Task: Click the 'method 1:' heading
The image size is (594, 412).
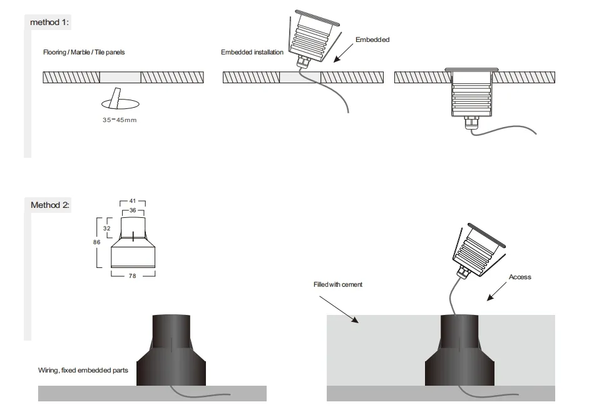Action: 50,23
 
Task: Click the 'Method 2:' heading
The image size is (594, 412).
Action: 50,205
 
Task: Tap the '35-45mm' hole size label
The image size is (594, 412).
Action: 119,120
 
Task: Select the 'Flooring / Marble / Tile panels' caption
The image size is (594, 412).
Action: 84,53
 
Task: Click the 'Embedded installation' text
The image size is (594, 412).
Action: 252,53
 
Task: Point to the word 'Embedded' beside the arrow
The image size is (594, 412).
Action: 372,39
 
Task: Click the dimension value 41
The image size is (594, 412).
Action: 133,202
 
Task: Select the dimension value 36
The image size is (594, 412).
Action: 133,210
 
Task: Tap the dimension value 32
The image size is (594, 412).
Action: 106,229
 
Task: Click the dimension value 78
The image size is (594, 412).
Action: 133,276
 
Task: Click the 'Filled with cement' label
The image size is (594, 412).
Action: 337,284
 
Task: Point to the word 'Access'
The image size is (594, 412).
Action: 520,277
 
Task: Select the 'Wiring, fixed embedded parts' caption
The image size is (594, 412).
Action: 83,371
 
